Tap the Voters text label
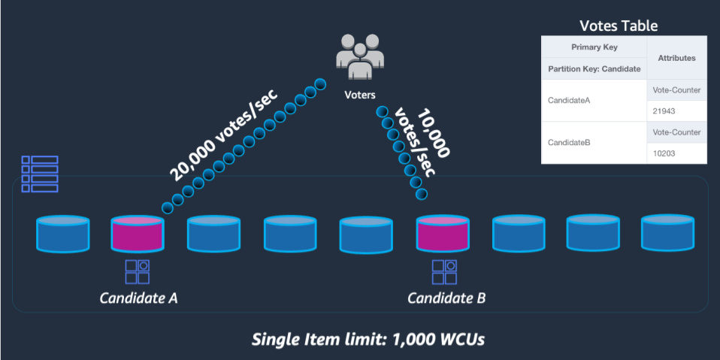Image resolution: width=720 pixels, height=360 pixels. pyautogui.click(x=360, y=95)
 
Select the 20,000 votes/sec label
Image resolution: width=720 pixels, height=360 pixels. pyautogui.click(x=222, y=136)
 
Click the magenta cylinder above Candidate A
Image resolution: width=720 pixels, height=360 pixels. pyautogui.click(x=137, y=234)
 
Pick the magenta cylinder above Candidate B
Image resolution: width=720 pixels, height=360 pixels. pyautogui.click(x=442, y=234)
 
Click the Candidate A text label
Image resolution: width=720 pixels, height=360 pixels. pyautogui.click(x=139, y=298)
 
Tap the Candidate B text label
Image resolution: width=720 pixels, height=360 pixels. pyautogui.click(x=446, y=298)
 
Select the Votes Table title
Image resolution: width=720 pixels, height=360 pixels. pyautogui.click(x=619, y=26)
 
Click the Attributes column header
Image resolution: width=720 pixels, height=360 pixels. pyautogui.click(x=676, y=57)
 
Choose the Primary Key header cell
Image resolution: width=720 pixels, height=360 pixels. pyautogui.click(x=593, y=46)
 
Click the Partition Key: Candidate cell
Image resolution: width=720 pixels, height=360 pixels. pyautogui.click(x=593, y=68)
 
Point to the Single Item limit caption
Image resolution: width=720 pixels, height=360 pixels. pyautogui.click(x=368, y=339)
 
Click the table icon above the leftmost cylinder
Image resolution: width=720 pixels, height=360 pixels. pyautogui.click(x=40, y=174)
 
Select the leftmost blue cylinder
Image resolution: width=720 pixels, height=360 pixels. pyautogui.click(x=63, y=234)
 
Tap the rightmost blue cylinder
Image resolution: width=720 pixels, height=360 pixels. pyautogui.click(x=667, y=234)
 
